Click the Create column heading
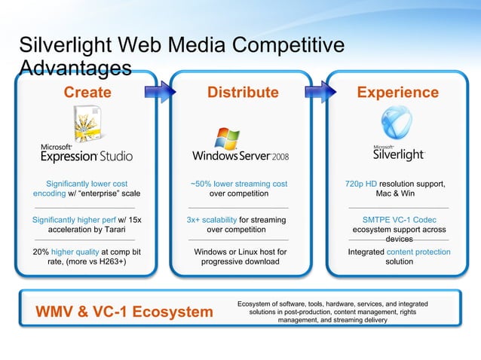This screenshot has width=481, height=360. coord(87,93)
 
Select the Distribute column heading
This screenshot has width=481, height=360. coord(243,93)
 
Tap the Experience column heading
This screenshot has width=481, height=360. coord(397,93)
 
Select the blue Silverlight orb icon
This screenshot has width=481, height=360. coord(399,121)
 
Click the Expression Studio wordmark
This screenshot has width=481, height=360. coord(87,155)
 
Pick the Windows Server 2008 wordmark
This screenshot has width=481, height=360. coord(240,157)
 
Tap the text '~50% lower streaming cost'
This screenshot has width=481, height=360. coord(239,184)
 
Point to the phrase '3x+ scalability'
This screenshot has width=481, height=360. coord(211,220)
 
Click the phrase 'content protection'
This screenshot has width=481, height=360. coord(423,252)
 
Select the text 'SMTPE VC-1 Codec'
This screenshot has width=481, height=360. coord(399,220)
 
